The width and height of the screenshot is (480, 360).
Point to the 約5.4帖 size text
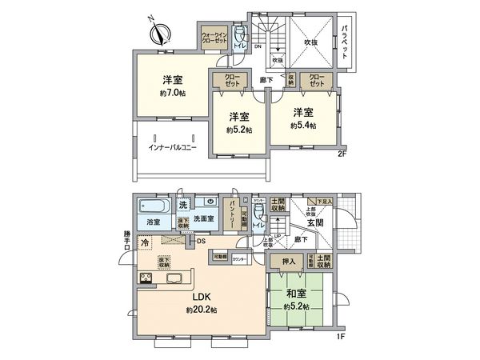tap(302, 126)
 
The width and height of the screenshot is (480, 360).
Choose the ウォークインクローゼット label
tap(214, 39)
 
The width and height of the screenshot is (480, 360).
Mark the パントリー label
tap(230, 214)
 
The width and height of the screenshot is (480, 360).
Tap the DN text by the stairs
tap(258, 46)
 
